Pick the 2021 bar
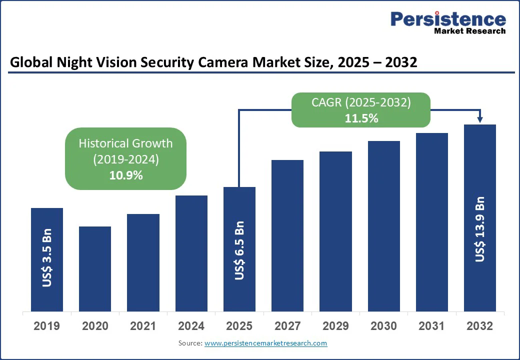pyautogui.click(x=143, y=263)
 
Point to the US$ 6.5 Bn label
pyautogui.click(x=239, y=250)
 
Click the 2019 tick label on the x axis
pyautogui.click(x=46, y=326)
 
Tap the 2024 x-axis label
pyautogui.click(x=191, y=326)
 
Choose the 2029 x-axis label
pyautogui.click(x=335, y=326)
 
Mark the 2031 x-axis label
pyautogui.click(x=431, y=326)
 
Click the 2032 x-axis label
pyautogui.click(x=479, y=326)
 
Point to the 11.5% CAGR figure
pyautogui.click(x=361, y=118)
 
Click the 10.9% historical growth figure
pyautogui.click(x=126, y=175)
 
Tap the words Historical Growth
pyautogui.click(x=126, y=143)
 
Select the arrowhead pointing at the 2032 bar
pyautogui.click(x=480, y=119)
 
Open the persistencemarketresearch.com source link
pyautogui.click(x=265, y=343)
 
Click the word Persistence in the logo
pyautogui.click(x=448, y=19)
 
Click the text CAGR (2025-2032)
pyautogui.click(x=361, y=102)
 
